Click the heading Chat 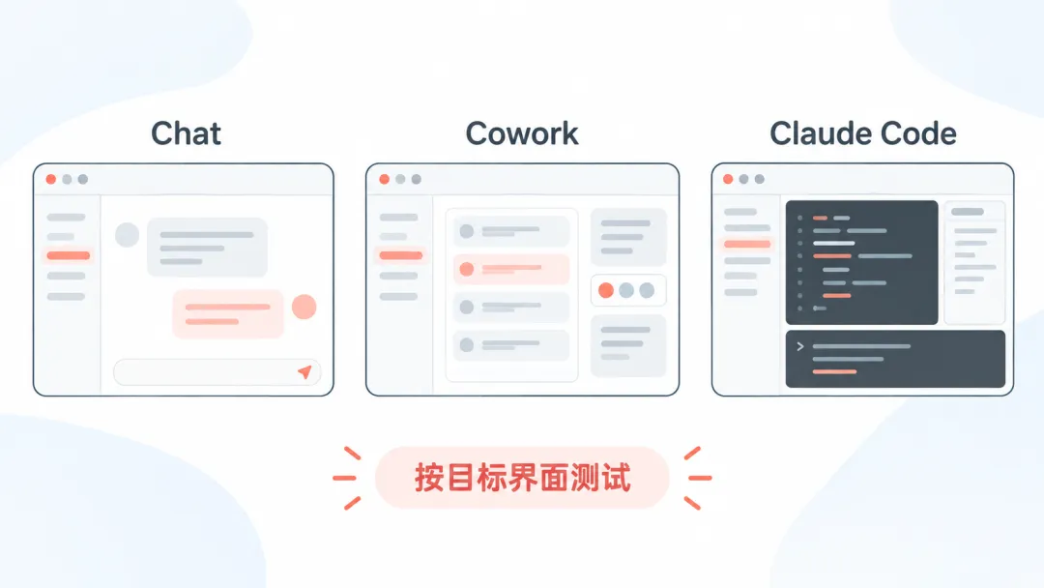[186, 133]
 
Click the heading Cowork [522, 133]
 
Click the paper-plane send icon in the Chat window [304, 371]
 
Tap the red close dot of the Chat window [50, 179]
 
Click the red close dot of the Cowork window [384, 179]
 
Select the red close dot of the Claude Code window [728, 179]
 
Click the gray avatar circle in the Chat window [127, 234]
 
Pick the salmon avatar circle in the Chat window [304, 307]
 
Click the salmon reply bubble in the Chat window [228, 313]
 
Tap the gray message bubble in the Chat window [207, 247]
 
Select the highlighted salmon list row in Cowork [511, 269]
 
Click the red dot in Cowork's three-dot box [606, 290]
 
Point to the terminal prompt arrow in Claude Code [800, 346]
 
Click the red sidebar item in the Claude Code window [747, 245]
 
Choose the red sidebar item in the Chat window [68, 255]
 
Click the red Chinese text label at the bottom [522, 478]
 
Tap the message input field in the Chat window [217, 372]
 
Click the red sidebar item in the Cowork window [401, 255]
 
